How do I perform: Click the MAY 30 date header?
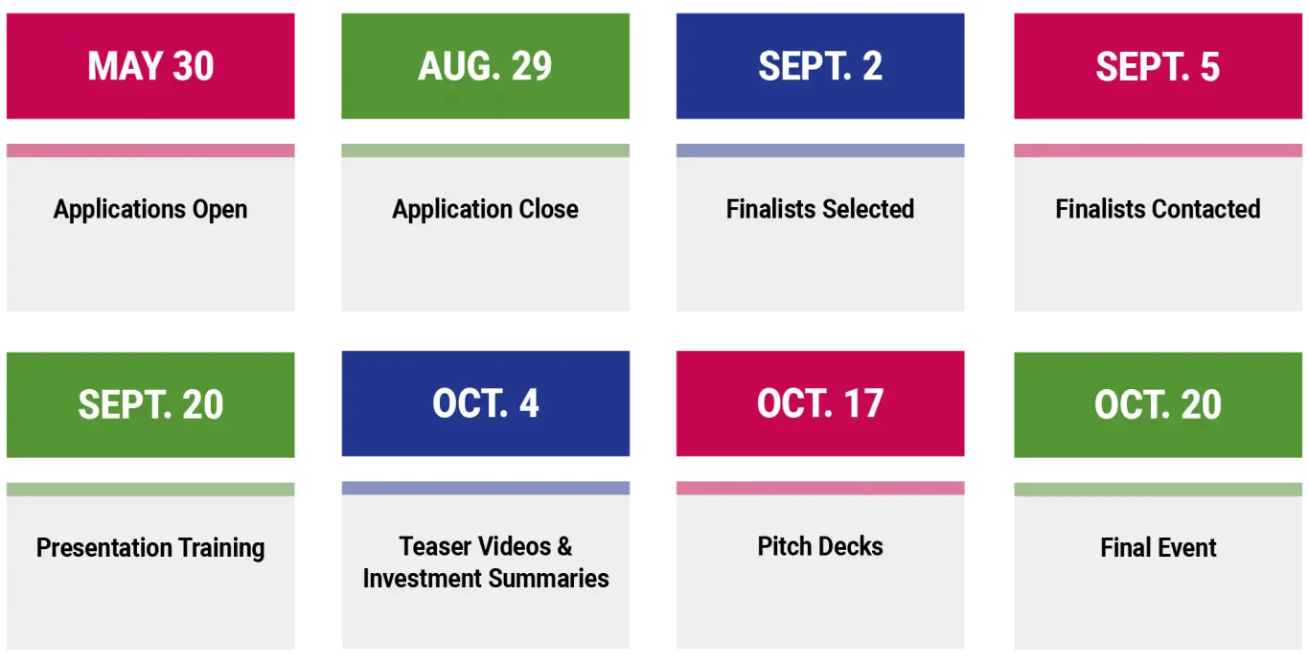pyautogui.click(x=150, y=66)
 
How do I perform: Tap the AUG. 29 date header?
pyautogui.click(x=485, y=66)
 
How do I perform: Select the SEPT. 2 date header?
pyautogui.click(x=820, y=66)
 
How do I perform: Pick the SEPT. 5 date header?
pyautogui.click(x=1158, y=66)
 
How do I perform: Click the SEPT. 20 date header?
pyautogui.click(x=150, y=404)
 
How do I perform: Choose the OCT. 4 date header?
pyautogui.click(x=485, y=403)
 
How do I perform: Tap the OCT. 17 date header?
pyautogui.click(x=820, y=403)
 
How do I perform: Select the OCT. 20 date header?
pyautogui.click(x=1158, y=404)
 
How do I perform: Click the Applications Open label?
pyautogui.click(x=150, y=210)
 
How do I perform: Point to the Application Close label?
pyautogui.click(x=485, y=209)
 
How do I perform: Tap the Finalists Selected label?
pyautogui.click(x=820, y=209)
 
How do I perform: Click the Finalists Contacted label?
pyautogui.click(x=1158, y=209)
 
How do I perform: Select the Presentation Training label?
pyautogui.click(x=150, y=548)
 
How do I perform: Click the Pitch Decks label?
pyautogui.click(x=820, y=546)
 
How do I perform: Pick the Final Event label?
pyautogui.click(x=1159, y=547)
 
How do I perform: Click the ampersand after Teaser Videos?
pyautogui.click(x=564, y=546)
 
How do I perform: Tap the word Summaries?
pyautogui.click(x=548, y=579)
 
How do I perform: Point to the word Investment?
pyautogui.click(x=423, y=579)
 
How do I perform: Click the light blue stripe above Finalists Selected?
pyautogui.click(x=820, y=150)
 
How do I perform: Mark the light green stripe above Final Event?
pyautogui.click(x=1158, y=490)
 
